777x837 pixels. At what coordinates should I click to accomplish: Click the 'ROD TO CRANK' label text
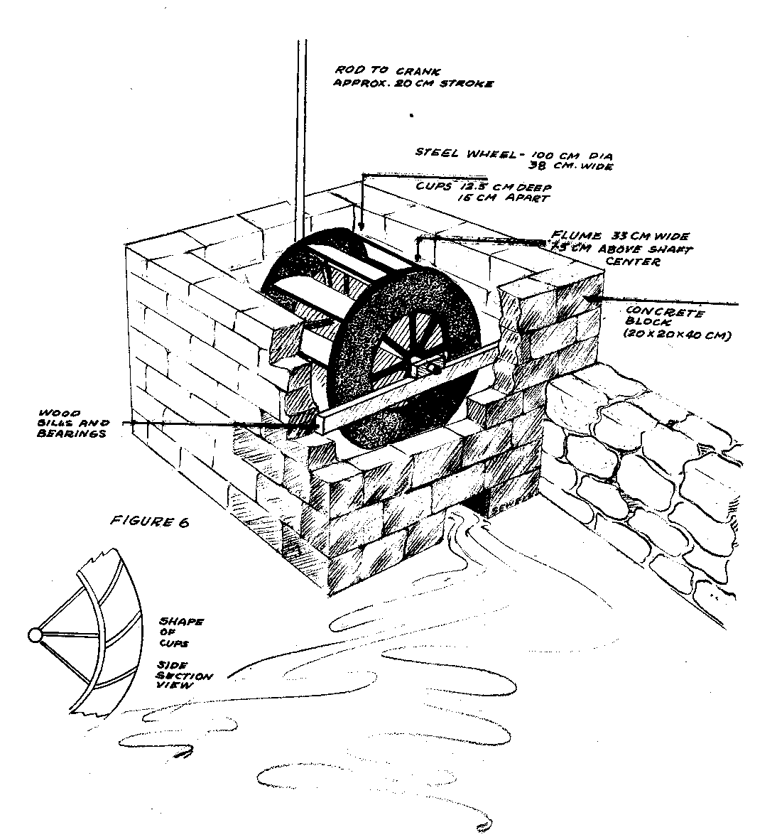388,71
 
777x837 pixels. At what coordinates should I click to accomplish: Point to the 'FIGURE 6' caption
151,522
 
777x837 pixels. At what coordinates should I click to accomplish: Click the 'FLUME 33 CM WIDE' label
619,237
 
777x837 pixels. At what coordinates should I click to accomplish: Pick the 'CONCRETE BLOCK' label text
665,318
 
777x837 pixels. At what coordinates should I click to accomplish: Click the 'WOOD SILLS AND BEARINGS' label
70,423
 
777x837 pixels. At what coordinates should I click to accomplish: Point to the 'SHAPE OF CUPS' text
181,634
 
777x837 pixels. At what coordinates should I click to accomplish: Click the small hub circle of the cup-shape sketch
34,634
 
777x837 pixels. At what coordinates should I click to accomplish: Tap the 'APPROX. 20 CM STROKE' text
413,84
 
